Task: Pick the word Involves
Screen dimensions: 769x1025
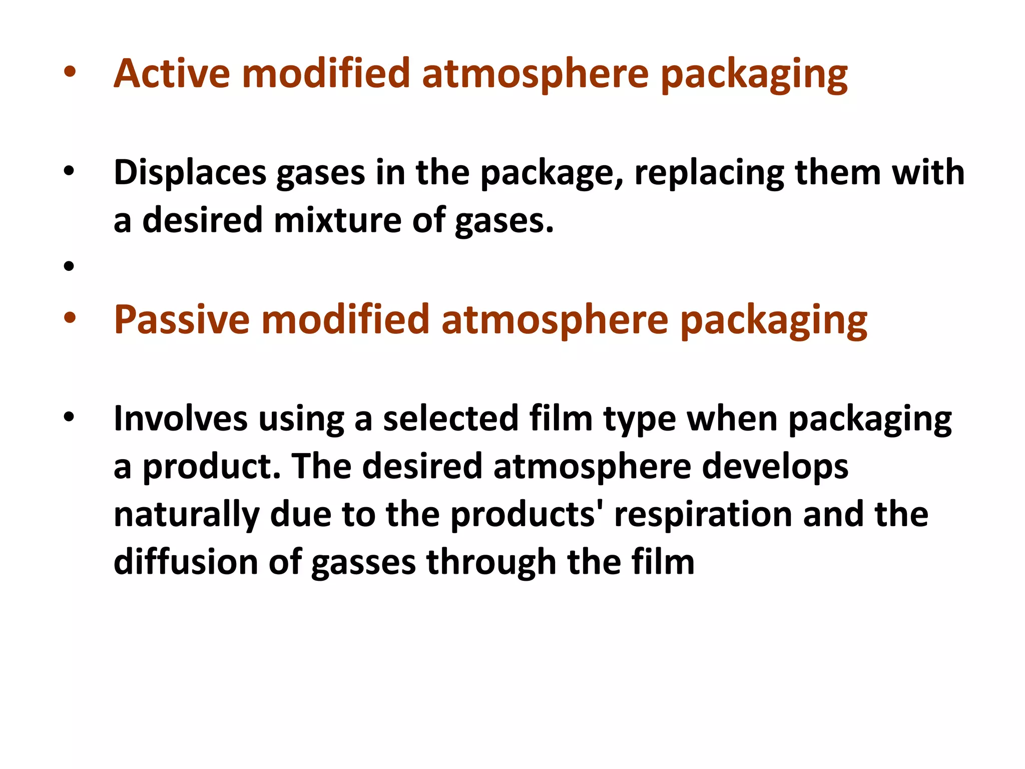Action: [180, 419]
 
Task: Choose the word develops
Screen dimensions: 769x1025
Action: [775, 467]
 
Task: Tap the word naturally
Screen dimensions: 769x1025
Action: [186, 515]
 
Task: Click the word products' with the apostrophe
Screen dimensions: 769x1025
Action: [527, 515]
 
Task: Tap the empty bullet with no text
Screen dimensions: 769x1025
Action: [69, 266]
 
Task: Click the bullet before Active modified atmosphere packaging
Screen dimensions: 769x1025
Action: [69, 73]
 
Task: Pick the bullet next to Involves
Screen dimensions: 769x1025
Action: [69, 417]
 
